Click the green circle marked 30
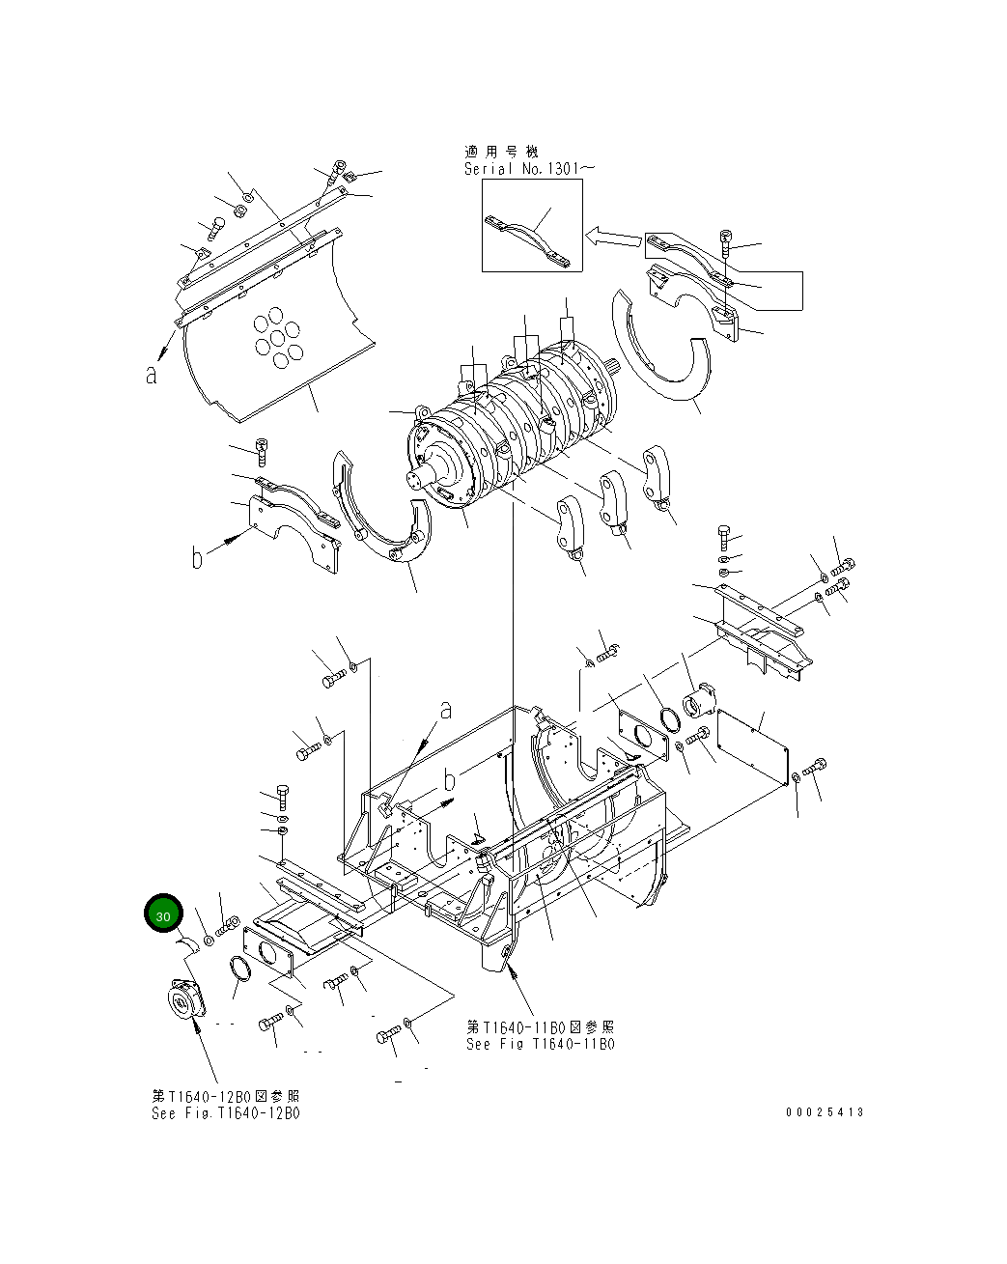(x=163, y=915)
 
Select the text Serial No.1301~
(x=521, y=169)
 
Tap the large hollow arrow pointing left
(x=612, y=237)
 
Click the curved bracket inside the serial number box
(x=532, y=237)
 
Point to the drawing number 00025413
(x=825, y=1112)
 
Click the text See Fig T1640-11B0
(x=540, y=1044)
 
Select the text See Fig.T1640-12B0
(x=225, y=1112)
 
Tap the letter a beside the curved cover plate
(x=152, y=375)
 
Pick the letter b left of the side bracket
(x=197, y=557)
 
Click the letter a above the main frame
(x=445, y=710)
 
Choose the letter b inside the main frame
(x=449, y=780)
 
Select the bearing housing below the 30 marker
(x=184, y=1000)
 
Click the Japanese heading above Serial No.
(x=501, y=152)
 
